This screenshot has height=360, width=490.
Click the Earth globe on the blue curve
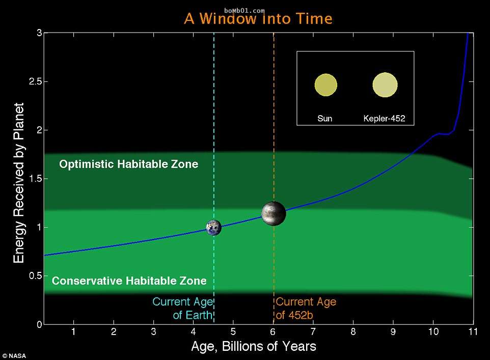pos(214,228)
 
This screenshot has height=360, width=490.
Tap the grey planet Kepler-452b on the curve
pos(274,213)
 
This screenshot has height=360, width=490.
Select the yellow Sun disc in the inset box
pos(325,85)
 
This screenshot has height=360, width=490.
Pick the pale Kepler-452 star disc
pos(385,85)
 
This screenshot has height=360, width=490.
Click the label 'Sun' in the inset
pos(324,119)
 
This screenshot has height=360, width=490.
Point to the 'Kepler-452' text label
pos(384,119)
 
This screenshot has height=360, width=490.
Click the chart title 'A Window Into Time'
pos(258,19)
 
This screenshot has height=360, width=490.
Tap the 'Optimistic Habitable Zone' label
pos(129,164)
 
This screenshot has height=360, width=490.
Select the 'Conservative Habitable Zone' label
pos(129,281)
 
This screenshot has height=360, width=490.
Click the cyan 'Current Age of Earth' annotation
pos(183,309)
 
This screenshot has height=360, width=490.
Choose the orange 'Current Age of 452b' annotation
pos(306,309)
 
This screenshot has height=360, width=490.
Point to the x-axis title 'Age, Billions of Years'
pos(254,347)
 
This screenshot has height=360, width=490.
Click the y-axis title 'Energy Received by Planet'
pos(19,183)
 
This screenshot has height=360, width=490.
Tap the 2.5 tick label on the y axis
pos(36,81)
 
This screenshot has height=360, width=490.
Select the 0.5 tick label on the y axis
pos(36,276)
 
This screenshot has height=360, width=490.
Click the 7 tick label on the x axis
pos(313,331)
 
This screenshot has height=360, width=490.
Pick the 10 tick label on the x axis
pos(433,331)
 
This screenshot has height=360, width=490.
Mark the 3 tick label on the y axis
pos(39,33)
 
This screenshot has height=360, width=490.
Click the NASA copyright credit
pos(14,356)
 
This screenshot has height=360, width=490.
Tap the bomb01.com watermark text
pos(244,11)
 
